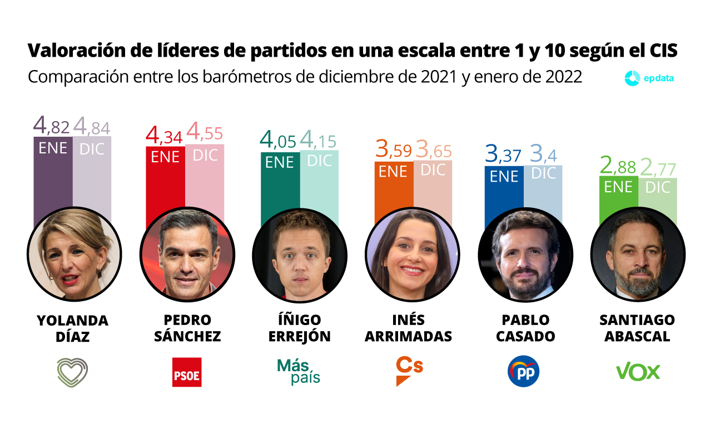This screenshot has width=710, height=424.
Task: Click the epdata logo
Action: coord(649,78)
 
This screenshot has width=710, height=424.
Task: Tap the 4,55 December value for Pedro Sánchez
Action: coord(205,134)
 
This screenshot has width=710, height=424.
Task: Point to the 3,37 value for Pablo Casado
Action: coord(503,155)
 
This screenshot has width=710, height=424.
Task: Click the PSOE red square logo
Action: coord(186,372)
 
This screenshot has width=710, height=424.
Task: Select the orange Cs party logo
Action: coord(409,371)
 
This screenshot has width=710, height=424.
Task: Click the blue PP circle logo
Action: coord(523,371)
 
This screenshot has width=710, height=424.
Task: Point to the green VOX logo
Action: coord(638,372)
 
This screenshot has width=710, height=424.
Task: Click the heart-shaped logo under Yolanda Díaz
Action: coord(72,372)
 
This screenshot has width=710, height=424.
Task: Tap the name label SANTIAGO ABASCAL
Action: coord(637,328)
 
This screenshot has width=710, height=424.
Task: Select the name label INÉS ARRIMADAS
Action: coord(408,328)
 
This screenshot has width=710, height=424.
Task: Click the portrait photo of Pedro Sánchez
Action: coord(187,254)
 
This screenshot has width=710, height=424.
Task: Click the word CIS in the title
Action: coord(663,51)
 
